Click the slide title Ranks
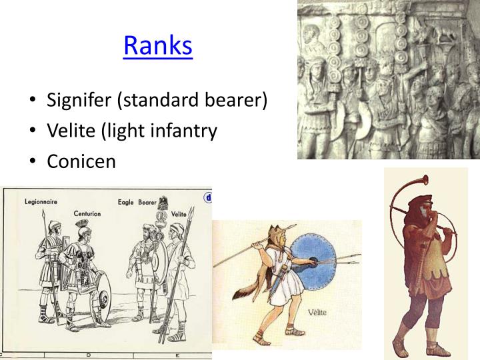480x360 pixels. [x=158, y=45]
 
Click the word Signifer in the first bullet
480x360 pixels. [x=79, y=101]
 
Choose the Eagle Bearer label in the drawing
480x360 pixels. [x=137, y=201]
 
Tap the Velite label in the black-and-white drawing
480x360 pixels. [x=178, y=213]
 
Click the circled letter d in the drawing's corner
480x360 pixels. [x=207, y=197]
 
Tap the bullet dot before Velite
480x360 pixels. [x=33, y=131]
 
